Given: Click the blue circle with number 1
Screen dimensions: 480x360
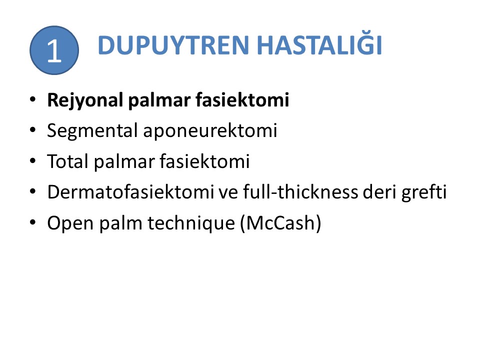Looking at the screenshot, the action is (x=54, y=50).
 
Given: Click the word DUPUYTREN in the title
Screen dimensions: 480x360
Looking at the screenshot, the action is (x=173, y=45).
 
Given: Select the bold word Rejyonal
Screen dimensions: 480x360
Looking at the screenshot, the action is (x=85, y=100).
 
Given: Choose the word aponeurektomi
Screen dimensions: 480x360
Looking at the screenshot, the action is (x=210, y=131).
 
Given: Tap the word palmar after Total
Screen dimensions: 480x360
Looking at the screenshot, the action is (x=124, y=161).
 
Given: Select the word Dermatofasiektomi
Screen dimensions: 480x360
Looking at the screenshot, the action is (x=130, y=192).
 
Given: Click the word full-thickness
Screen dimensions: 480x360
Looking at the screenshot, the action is (x=300, y=192).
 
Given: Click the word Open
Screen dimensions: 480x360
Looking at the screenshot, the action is (x=70, y=223).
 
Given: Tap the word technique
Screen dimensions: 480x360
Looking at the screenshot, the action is (x=191, y=223).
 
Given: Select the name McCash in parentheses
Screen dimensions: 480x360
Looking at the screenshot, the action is (x=280, y=222).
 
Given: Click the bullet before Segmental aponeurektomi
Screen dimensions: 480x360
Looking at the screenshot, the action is (x=33, y=130).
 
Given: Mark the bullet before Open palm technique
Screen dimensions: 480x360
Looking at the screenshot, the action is (x=33, y=222).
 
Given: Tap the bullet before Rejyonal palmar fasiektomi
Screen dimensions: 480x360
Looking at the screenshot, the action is (x=33, y=99).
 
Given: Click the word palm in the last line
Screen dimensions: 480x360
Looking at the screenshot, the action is (x=120, y=223).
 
